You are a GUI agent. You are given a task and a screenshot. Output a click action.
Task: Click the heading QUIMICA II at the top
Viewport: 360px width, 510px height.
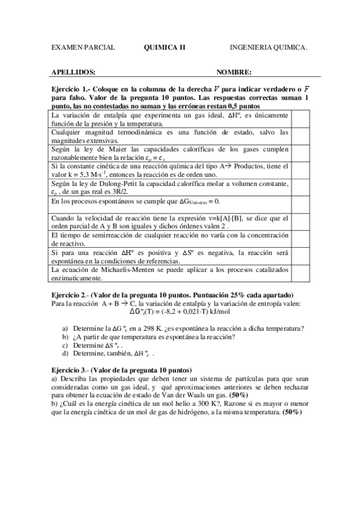[164, 46]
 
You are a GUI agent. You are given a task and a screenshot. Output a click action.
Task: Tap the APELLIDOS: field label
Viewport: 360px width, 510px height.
[74, 72]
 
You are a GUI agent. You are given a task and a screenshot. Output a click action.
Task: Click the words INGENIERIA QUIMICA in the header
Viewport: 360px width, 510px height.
[268, 46]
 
